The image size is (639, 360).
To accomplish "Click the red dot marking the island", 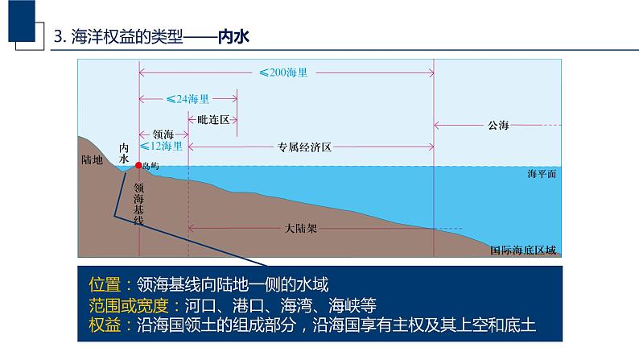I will coord(138,165).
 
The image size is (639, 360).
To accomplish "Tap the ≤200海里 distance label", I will coord(282,72).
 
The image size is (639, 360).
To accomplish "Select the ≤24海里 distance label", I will coord(188,100).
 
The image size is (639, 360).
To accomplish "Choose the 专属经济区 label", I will coord(305,147).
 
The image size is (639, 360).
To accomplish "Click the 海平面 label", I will coord(542,174).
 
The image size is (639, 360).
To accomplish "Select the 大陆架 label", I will coord(302,228).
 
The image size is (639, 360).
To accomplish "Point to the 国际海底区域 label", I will coord(523,250).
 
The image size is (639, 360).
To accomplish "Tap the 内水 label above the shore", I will coord(124,153).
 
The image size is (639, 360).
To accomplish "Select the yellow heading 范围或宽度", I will coord(130,304).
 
